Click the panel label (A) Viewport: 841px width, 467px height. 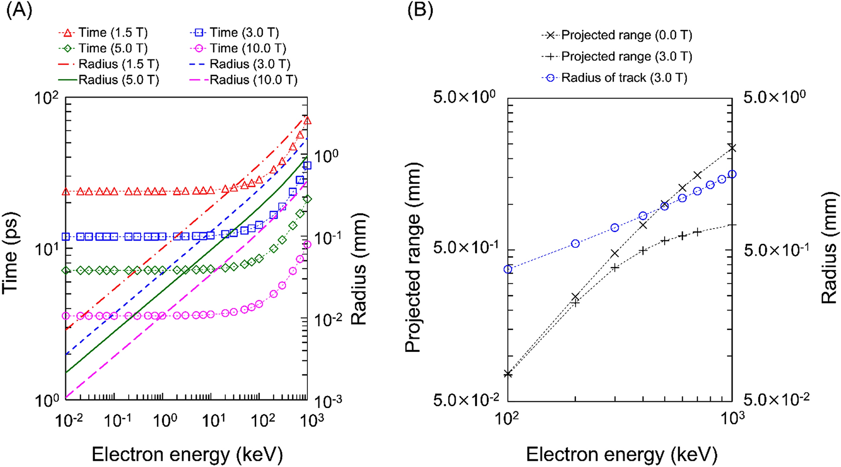[x=19, y=10]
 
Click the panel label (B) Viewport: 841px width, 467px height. [x=420, y=10]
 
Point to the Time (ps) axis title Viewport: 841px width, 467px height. [x=10, y=253]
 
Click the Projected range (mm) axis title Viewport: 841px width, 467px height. [x=413, y=257]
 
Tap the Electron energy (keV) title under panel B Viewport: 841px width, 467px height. [x=621, y=455]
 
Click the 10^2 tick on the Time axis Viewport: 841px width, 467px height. [x=47, y=99]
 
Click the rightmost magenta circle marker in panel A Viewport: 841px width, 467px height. [x=307, y=244]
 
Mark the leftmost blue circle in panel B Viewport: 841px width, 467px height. [x=508, y=270]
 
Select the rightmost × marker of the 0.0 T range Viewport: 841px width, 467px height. [x=732, y=148]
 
